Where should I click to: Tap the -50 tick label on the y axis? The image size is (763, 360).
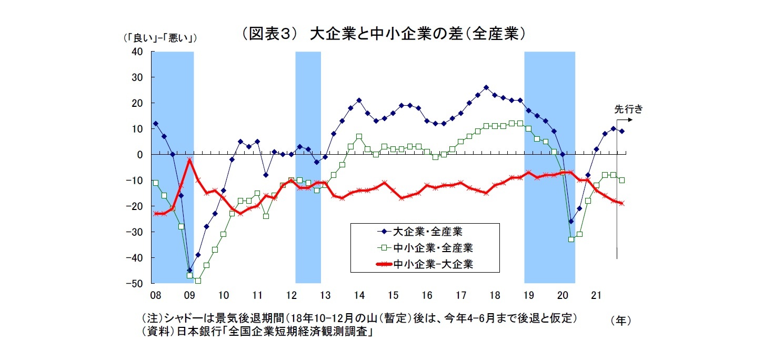[135, 283]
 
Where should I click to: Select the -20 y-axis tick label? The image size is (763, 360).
[135, 206]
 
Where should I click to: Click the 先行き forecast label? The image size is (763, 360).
[628, 109]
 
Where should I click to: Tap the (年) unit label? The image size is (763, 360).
[621, 320]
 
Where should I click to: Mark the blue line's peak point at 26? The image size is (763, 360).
[486, 87]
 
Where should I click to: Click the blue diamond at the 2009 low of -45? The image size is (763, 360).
[189, 271]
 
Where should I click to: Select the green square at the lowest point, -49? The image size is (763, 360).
[198, 281]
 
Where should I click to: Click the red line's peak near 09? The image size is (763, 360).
[189, 159]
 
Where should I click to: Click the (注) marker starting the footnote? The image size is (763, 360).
[152, 319]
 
